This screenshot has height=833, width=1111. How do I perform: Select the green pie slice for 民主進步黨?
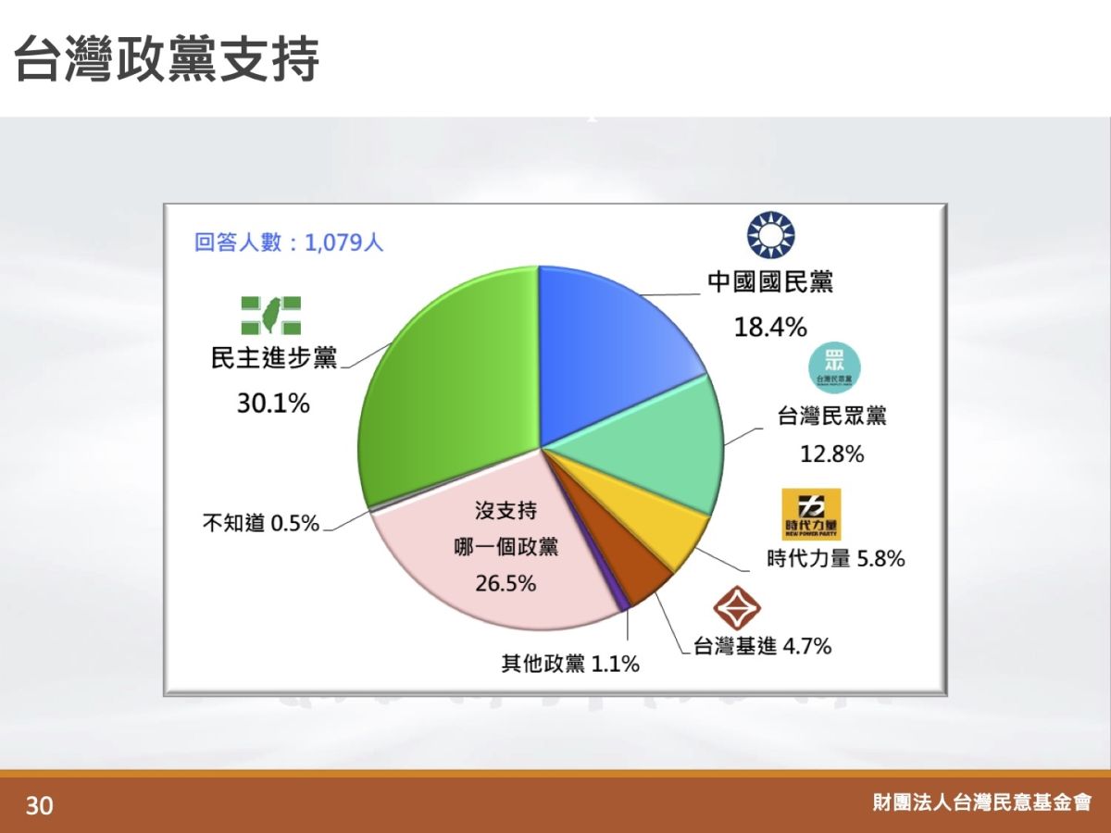coord(444,389)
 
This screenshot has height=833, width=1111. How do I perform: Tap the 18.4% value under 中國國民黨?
coord(770,327)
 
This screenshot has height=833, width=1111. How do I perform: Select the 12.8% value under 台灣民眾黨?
coord(831,454)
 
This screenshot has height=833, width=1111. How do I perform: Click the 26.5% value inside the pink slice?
coord(506,584)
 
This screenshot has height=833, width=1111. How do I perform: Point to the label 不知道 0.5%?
coord(261,524)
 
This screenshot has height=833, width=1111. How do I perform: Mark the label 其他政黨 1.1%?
coord(570,664)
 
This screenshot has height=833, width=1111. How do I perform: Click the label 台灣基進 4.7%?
coord(762,646)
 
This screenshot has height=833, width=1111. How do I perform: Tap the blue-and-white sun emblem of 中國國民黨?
coord(771,235)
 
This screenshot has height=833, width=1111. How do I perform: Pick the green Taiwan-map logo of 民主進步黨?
coord(271,317)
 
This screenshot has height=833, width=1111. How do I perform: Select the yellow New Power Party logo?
coord(811,514)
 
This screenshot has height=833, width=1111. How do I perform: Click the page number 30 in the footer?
coord(40,805)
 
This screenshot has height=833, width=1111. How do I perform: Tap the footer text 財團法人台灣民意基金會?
coord(981,802)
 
